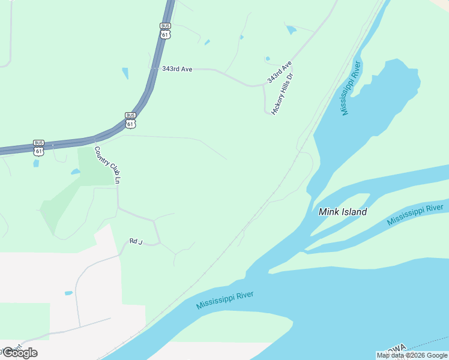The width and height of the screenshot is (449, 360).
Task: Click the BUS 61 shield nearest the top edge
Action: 166,31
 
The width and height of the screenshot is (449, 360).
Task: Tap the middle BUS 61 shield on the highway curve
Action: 131,120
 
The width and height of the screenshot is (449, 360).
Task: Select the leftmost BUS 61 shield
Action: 38,148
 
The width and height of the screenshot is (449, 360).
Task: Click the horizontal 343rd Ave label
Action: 177,69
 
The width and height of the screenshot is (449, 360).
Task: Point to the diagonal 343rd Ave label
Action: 279,71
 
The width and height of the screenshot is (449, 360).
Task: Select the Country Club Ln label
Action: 109,164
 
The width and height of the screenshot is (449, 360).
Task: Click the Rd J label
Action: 136,241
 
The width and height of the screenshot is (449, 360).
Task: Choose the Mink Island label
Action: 342,212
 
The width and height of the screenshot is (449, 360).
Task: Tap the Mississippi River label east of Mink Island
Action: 415,215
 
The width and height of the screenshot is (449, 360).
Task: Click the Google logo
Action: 20,353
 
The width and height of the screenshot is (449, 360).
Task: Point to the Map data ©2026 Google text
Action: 412,355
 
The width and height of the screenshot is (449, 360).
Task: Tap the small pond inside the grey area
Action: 68,293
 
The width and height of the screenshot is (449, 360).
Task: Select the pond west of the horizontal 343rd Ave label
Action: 125,73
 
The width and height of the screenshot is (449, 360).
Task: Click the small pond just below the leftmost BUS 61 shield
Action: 37,163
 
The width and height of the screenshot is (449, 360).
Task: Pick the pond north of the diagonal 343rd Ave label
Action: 291,29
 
